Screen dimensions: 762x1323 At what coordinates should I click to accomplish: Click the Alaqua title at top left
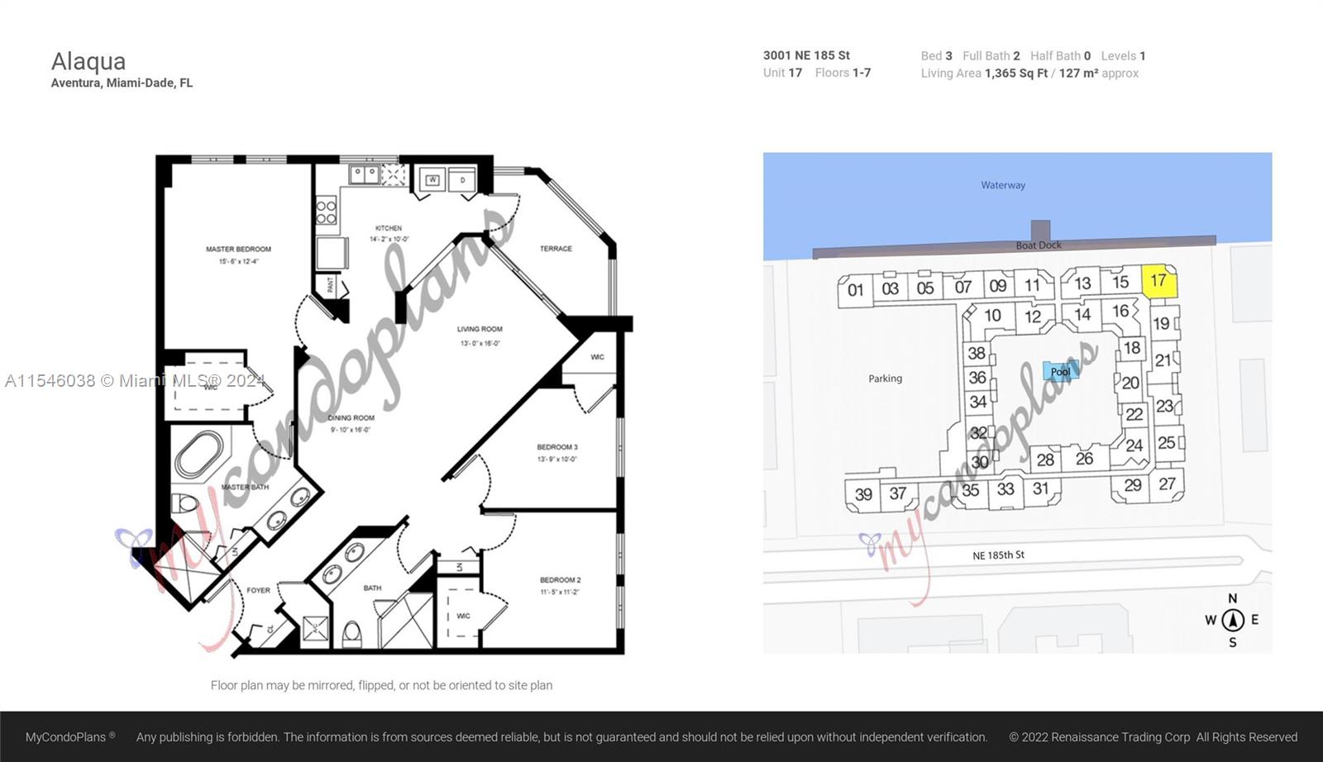pyautogui.click(x=88, y=61)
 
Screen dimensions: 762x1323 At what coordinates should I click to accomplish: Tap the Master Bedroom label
pyautogui.click(x=238, y=250)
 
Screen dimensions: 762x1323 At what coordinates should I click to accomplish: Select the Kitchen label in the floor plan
pyautogui.click(x=389, y=228)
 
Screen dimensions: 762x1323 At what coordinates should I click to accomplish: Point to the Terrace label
pyautogui.click(x=556, y=249)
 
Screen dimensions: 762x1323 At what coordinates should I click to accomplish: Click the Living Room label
pyautogui.click(x=480, y=329)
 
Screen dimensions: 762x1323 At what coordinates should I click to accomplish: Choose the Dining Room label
pyautogui.click(x=351, y=418)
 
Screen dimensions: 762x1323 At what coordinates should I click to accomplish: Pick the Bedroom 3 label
pyautogui.click(x=557, y=447)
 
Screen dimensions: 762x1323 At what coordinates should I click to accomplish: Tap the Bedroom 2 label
pyautogui.click(x=561, y=580)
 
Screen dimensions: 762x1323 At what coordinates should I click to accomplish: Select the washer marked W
pyautogui.click(x=432, y=179)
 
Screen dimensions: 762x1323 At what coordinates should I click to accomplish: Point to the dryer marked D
pyautogui.click(x=462, y=179)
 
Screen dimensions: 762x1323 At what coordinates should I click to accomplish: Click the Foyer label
pyautogui.click(x=258, y=590)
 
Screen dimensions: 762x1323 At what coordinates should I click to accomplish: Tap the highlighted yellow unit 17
pyautogui.click(x=1158, y=281)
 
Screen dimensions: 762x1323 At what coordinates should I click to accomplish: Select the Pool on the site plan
pyautogui.click(x=1060, y=372)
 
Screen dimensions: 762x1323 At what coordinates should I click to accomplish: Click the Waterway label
pyautogui.click(x=1003, y=185)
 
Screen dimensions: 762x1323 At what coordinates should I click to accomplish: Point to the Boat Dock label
pyautogui.click(x=1039, y=245)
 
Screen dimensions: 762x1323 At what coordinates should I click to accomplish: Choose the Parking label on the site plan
pyautogui.click(x=885, y=379)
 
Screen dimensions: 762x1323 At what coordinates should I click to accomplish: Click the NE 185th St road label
pyautogui.click(x=998, y=555)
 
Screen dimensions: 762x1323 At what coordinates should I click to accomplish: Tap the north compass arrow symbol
pyautogui.click(x=1233, y=620)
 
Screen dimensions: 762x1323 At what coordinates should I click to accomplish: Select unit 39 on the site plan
pyautogui.click(x=863, y=494)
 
